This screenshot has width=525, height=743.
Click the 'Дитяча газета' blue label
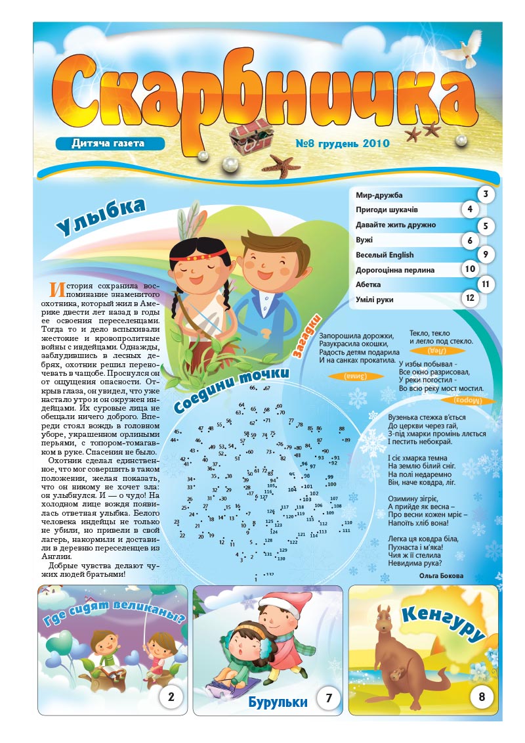click(x=108, y=143)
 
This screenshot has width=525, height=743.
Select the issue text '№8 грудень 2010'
click(x=342, y=143)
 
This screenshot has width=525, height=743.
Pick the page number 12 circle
click(x=469, y=299)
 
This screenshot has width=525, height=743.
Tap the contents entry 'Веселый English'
click(x=385, y=254)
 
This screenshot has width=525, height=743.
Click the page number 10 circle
click(x=469, y=268)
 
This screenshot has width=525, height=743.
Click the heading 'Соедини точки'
click(x=230, y=390)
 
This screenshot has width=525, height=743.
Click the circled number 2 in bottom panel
click(x=171, y=697)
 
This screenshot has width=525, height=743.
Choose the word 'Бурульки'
click(x=278, y=702)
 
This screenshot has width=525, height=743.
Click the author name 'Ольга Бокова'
click(x=440, y=575)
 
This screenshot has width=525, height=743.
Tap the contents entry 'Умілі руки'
click(x=379, y=300)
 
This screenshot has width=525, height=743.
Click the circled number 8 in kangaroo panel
click(x=482, y=697)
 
